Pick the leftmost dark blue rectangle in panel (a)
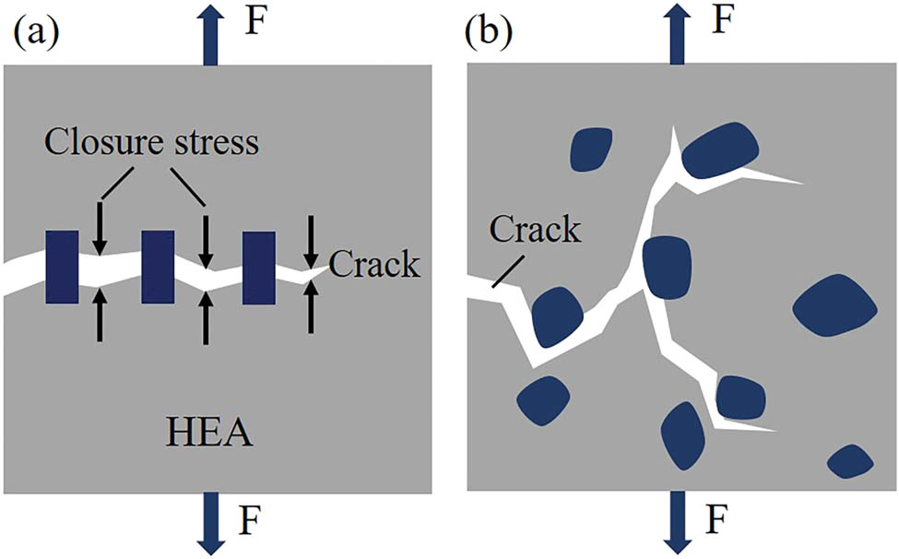point(62,268)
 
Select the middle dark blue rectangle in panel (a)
point(158,268)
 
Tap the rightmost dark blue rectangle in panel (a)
point(259,268)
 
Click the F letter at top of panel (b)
point(725,20)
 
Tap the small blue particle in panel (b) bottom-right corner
point(850,460)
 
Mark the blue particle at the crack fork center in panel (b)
point(667,268)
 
